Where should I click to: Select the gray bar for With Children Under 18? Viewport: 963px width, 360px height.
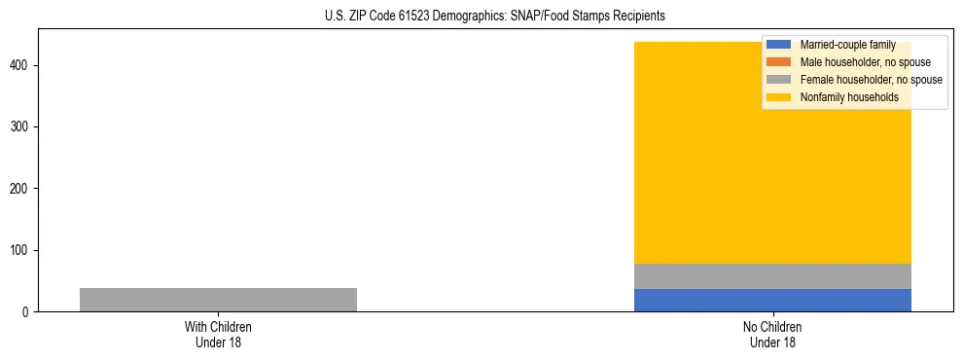tap(218, 300)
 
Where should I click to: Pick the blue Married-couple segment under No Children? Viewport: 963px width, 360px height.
tap(772, 301)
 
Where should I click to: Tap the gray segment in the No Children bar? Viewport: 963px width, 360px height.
tap(772, 276)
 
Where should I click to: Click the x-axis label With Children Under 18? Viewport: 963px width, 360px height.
tap(218, 334)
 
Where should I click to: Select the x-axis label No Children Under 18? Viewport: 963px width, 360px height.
tap(772, 334)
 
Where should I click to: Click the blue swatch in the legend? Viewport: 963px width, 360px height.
tap(779, 45)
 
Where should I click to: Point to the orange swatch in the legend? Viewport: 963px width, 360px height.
tap(779, 62)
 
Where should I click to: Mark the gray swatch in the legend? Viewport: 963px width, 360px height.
tap(779, 80)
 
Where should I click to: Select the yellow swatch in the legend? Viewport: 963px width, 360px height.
tap(779, 97)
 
